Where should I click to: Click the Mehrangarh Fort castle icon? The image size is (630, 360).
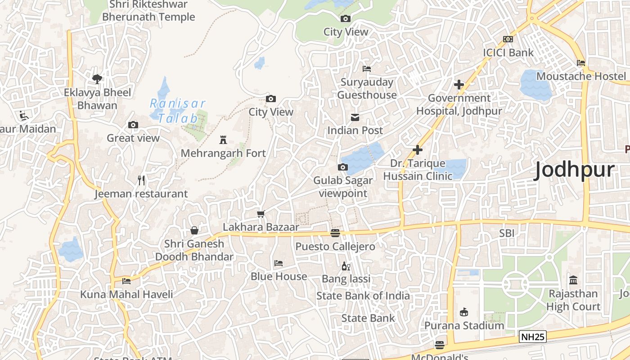(223, 140)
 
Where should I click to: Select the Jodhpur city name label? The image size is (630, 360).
(574, 171)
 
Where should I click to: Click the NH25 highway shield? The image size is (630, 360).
(532, 337)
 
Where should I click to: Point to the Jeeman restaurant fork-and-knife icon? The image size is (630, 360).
(142, 180)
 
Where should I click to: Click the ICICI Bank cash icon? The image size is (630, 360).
(508, 39)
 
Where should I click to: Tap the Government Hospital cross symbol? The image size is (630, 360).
(459, 85)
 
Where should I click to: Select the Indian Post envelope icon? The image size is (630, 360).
(355, 117)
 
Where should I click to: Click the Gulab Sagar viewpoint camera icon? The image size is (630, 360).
(343, 167)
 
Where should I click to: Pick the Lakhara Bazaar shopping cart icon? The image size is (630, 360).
(261, 214)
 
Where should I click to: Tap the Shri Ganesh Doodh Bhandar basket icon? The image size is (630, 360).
(194, 230)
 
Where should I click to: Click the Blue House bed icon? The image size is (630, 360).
(279, 263)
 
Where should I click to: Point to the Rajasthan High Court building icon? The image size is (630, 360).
(573, 280)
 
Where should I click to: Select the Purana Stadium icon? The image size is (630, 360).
(464, 312)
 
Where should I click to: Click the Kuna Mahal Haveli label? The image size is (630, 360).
(126, 295)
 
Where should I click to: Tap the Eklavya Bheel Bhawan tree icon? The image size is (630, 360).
(97, 79)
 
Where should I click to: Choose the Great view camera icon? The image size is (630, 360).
(133, 125)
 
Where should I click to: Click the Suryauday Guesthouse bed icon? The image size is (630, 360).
(367, 69)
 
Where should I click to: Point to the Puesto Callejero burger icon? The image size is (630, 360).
(335, 233)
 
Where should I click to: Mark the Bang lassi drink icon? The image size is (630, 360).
(346, 266)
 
